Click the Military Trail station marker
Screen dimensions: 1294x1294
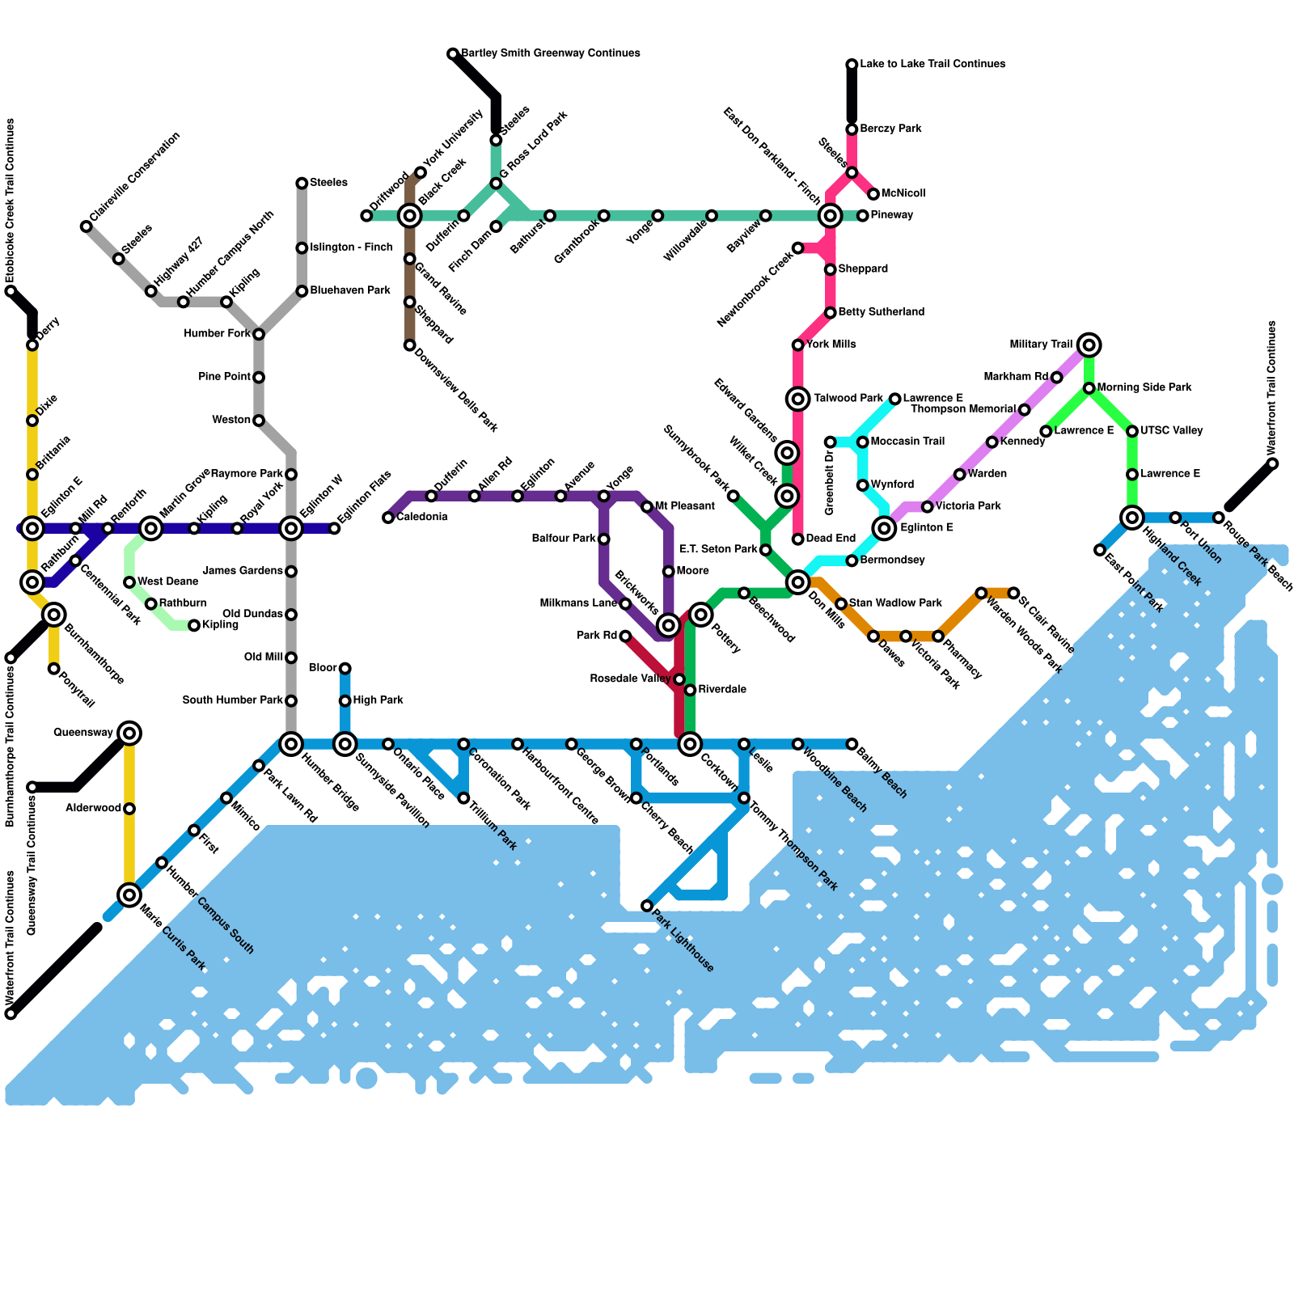coord(1089,345)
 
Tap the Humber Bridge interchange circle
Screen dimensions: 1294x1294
coord(291,744)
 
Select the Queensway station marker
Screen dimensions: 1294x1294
coord(129,734)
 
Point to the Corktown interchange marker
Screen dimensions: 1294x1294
coord(690,744)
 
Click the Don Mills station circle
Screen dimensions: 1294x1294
coord(798,582)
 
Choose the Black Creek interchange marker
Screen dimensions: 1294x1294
coord(410,216)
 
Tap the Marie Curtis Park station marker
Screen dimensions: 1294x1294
coord(129,894)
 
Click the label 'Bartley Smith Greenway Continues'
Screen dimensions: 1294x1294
coord(551,53)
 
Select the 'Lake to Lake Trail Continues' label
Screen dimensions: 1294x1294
coord(932,64)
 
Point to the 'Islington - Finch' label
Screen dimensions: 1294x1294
coord(351,247)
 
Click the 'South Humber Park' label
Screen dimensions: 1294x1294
coord(233,700)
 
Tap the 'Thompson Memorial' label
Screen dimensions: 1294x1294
coord(963,409)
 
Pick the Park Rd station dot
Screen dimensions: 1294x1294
coord(625,636)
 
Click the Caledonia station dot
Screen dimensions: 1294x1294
coord(388,518)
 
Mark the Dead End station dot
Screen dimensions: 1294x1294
coord(798,539)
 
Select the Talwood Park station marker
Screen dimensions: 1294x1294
coord(798,398)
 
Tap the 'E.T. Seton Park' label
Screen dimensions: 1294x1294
coord(718,550)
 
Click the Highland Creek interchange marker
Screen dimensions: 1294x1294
coord(1132,518)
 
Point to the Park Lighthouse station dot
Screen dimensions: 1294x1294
coord(647,906)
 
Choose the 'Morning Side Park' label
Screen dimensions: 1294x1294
coord(1144,388)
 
